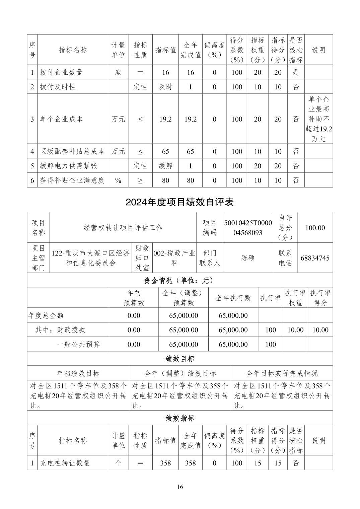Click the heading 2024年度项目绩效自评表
pyautogui.click(x=179, y=202)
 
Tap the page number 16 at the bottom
pyautogui.click(x=180, y=487)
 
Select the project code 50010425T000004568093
pyautogui.click(x=247, y=227)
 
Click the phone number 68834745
pyautogui.click(x=315, y=258)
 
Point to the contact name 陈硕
pyautogui.click(x=248, y=258)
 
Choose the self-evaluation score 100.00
pyautogui.click(x=315, y=228)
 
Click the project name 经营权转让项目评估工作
pyautogui.click(x=123, y=228)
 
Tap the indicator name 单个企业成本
pyautogui.click(x=61, y=119)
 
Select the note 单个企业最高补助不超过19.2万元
pyautogui.click(x=318, y=119)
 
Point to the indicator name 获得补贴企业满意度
pyautogui.click(x=72, y=180)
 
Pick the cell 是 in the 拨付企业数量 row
pyautogui.click(x=296, y=72)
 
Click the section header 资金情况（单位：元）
pyautogui.click(x=180, y=280)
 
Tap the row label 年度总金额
pyautogui.click(x=46, y=315)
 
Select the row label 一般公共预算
pyautogui.click(x=78, y=344)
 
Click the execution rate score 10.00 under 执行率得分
pyautogui.click(x=320, y=330)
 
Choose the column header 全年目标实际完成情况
pyautogui.click(x=282, y=373)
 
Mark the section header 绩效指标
pyautogui.click(x=180, y=418)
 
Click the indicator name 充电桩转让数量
pyautogui.click(x=65, y=463)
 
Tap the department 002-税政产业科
pyautogui.click(x=174, y=258)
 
